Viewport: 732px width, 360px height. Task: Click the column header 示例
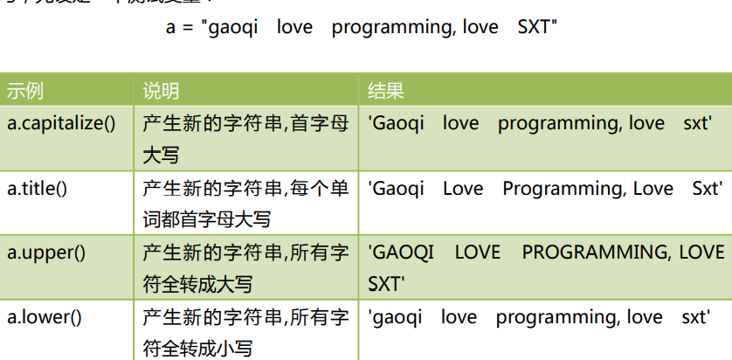[x=25, y=92]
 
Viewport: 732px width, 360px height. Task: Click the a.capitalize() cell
[x=61, y=123]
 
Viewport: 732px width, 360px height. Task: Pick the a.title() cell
[x=43, y=189]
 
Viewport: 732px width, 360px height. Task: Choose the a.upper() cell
[x=46, y=253]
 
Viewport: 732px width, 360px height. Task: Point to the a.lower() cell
[x=45, y=316]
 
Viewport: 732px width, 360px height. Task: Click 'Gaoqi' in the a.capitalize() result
[x=397, y=123]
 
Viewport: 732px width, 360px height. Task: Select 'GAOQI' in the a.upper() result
[x=402, y=253]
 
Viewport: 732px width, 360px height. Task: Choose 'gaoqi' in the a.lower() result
[x=397, y=316]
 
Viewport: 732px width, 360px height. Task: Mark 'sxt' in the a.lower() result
[x=696, y=316]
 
